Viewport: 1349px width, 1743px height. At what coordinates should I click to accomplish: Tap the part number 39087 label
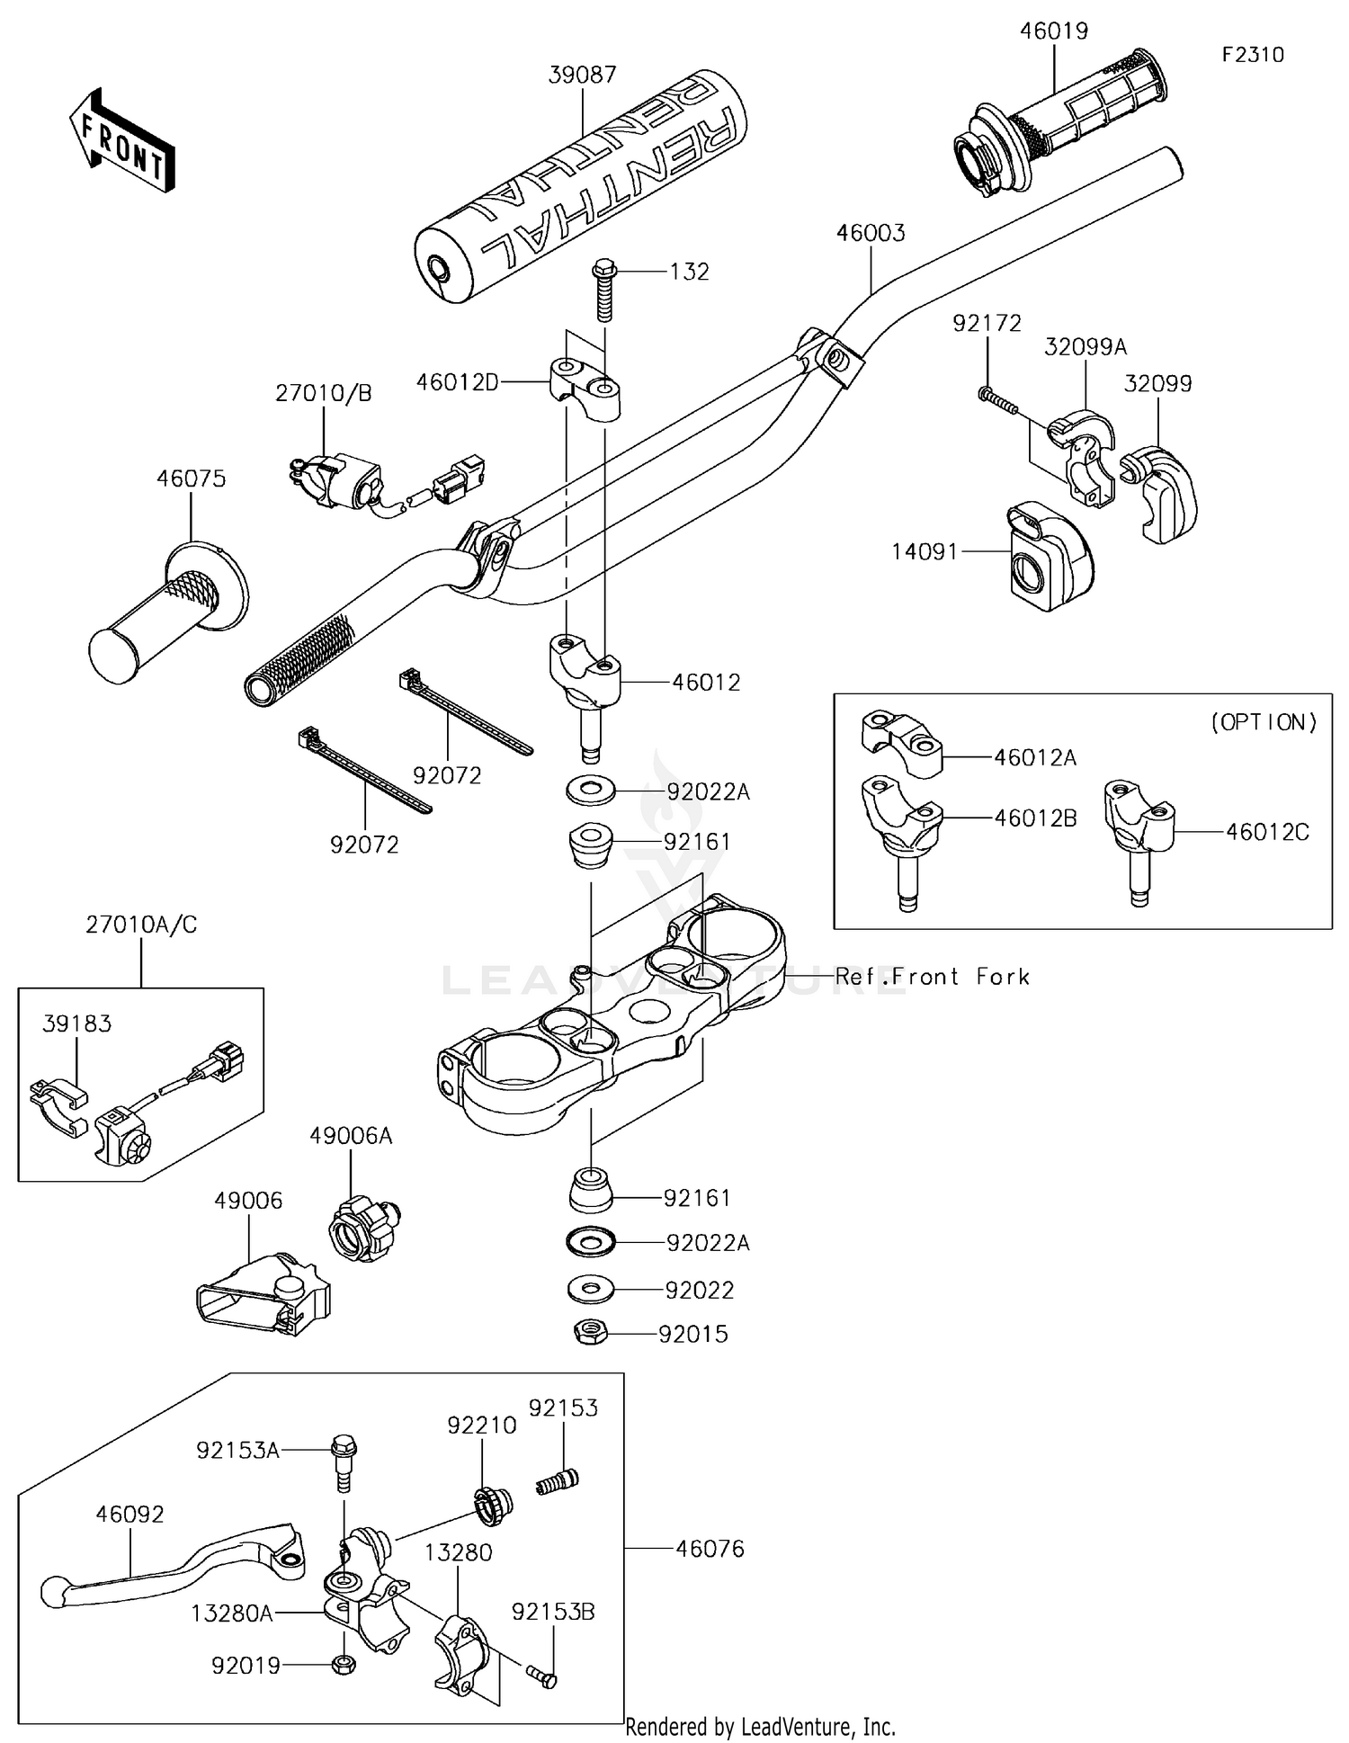(582, 75)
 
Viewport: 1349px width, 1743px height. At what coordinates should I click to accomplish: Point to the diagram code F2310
(1253, 55)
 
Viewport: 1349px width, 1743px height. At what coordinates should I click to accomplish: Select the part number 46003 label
(871, 233)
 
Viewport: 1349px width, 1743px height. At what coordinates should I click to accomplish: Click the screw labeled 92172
(998, 400)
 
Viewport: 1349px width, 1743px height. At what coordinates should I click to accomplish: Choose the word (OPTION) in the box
(1264, 722)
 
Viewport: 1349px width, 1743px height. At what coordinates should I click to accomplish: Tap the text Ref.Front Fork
(932, 977)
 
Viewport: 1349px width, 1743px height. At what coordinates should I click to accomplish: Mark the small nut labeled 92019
(342, 1665)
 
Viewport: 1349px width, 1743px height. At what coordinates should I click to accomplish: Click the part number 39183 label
(77, 1023)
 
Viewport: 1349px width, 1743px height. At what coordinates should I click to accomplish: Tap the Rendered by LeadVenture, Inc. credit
(760, 1727)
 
